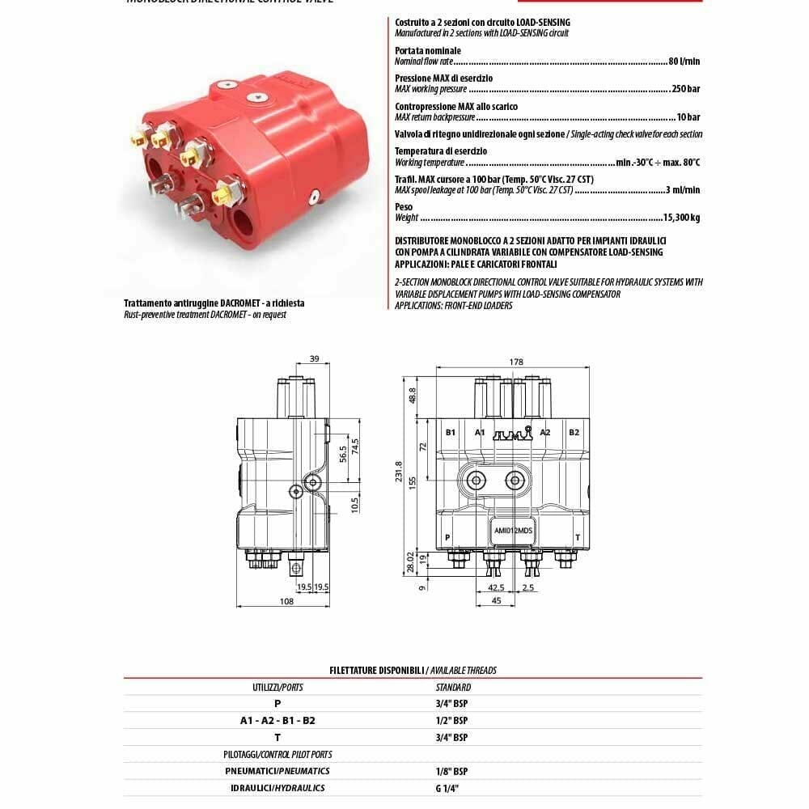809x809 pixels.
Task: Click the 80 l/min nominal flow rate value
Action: click(684, 61)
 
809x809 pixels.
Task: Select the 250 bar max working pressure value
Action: click(686, 89)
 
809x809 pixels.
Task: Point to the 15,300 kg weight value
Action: click(681, 218)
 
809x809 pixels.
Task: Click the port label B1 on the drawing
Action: click(451, 432)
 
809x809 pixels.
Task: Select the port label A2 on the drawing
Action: click(545, 432)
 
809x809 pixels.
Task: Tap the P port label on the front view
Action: click(447, 537)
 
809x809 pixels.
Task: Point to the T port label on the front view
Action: click(577, 537)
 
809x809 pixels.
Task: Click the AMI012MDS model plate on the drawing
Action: click(512, 532)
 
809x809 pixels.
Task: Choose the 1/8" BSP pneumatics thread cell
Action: click(451, 771)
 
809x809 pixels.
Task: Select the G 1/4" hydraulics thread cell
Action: click(447, 787)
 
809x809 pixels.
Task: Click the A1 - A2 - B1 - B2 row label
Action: click(277, 720)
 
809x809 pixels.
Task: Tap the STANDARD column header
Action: click(453, 687)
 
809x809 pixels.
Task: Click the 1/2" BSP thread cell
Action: click(451, 720)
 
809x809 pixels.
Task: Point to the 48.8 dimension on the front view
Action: click(413, 396)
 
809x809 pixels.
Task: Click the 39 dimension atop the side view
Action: click(315, 358)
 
